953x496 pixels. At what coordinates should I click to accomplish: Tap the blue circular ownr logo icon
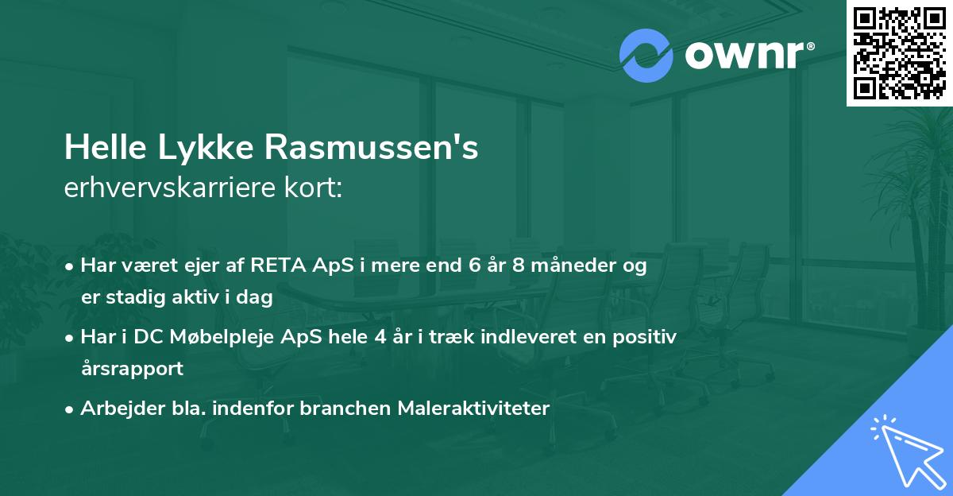[646, 56]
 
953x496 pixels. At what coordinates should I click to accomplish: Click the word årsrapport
[131, 369]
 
